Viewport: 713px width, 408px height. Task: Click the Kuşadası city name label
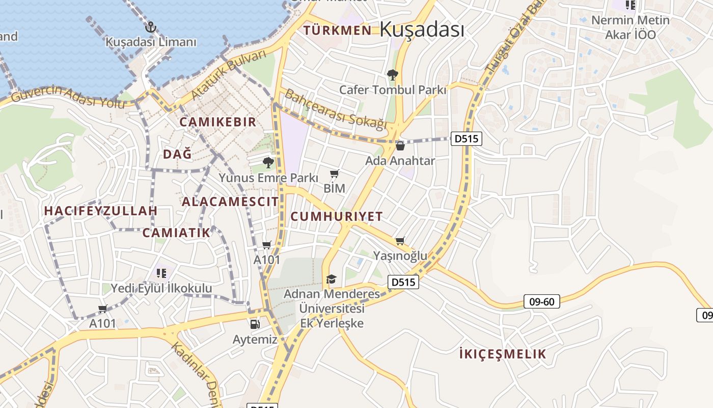422,30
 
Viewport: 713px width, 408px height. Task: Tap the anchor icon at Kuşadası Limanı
150,27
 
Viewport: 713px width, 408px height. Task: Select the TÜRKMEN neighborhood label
337,31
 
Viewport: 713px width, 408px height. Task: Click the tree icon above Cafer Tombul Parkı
392,75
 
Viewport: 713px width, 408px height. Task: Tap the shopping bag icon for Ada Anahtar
400,146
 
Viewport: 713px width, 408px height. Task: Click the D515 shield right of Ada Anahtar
466,139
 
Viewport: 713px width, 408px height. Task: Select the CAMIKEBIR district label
217,122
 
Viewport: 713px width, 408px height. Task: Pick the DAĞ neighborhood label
177,154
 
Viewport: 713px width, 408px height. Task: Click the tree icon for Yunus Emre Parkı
268,163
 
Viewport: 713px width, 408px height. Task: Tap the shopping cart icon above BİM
334,174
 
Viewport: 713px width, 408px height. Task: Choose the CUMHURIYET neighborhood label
336,217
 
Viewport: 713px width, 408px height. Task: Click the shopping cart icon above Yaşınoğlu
400,241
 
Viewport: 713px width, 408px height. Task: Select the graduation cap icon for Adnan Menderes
331,279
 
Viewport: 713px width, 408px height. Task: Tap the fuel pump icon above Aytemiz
255,324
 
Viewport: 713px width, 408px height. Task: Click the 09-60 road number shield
541,302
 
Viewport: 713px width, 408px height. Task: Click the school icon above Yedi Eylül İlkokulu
161,273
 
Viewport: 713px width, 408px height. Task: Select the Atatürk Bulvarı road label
229,75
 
